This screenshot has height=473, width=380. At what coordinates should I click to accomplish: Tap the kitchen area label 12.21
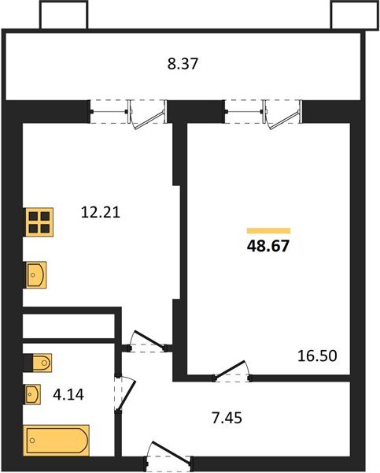101,211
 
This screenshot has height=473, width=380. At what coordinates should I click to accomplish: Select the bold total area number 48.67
268,246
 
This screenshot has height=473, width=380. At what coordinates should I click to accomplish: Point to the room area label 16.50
316,356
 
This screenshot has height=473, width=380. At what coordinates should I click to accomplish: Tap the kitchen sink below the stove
36,274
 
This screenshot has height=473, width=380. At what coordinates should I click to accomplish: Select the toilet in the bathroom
39,363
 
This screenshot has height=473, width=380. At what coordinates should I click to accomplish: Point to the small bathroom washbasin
33,392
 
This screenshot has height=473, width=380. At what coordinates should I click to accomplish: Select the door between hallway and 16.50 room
233,371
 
